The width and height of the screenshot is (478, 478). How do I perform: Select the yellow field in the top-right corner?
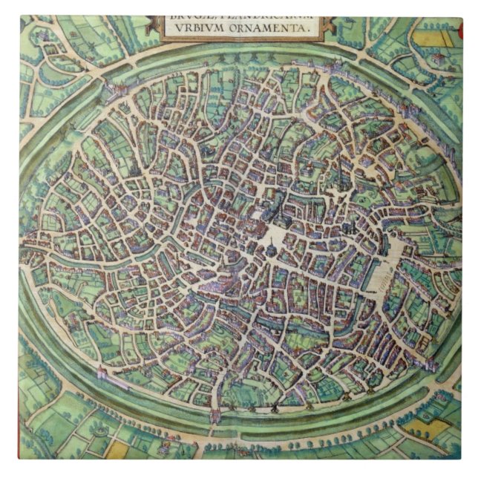[x=428, y=38]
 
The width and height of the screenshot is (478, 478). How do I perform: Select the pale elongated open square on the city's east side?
[x=397, y=252]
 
